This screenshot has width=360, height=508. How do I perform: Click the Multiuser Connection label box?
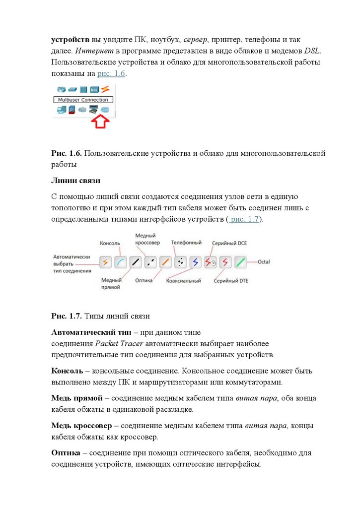click(x=80, y=100)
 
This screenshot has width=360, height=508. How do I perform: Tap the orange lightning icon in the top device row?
click(x=105, y=89)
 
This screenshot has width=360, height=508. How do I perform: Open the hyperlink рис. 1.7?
click(x=245, y=219)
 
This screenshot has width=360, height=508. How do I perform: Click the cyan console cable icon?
click(x=120, y=262)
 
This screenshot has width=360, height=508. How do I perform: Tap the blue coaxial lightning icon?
click(x=195, y=262)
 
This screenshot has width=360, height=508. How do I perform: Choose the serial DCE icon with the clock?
click(x=211, y=262)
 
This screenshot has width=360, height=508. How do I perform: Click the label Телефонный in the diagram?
click(x=186, y=243)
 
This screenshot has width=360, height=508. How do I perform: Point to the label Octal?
click(x=264, y=261)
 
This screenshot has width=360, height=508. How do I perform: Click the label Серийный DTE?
click(x=231, y=281)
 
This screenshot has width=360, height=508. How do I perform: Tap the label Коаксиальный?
click(x=184, y=281)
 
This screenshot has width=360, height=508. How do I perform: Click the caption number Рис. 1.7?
click(x=67, y=316)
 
